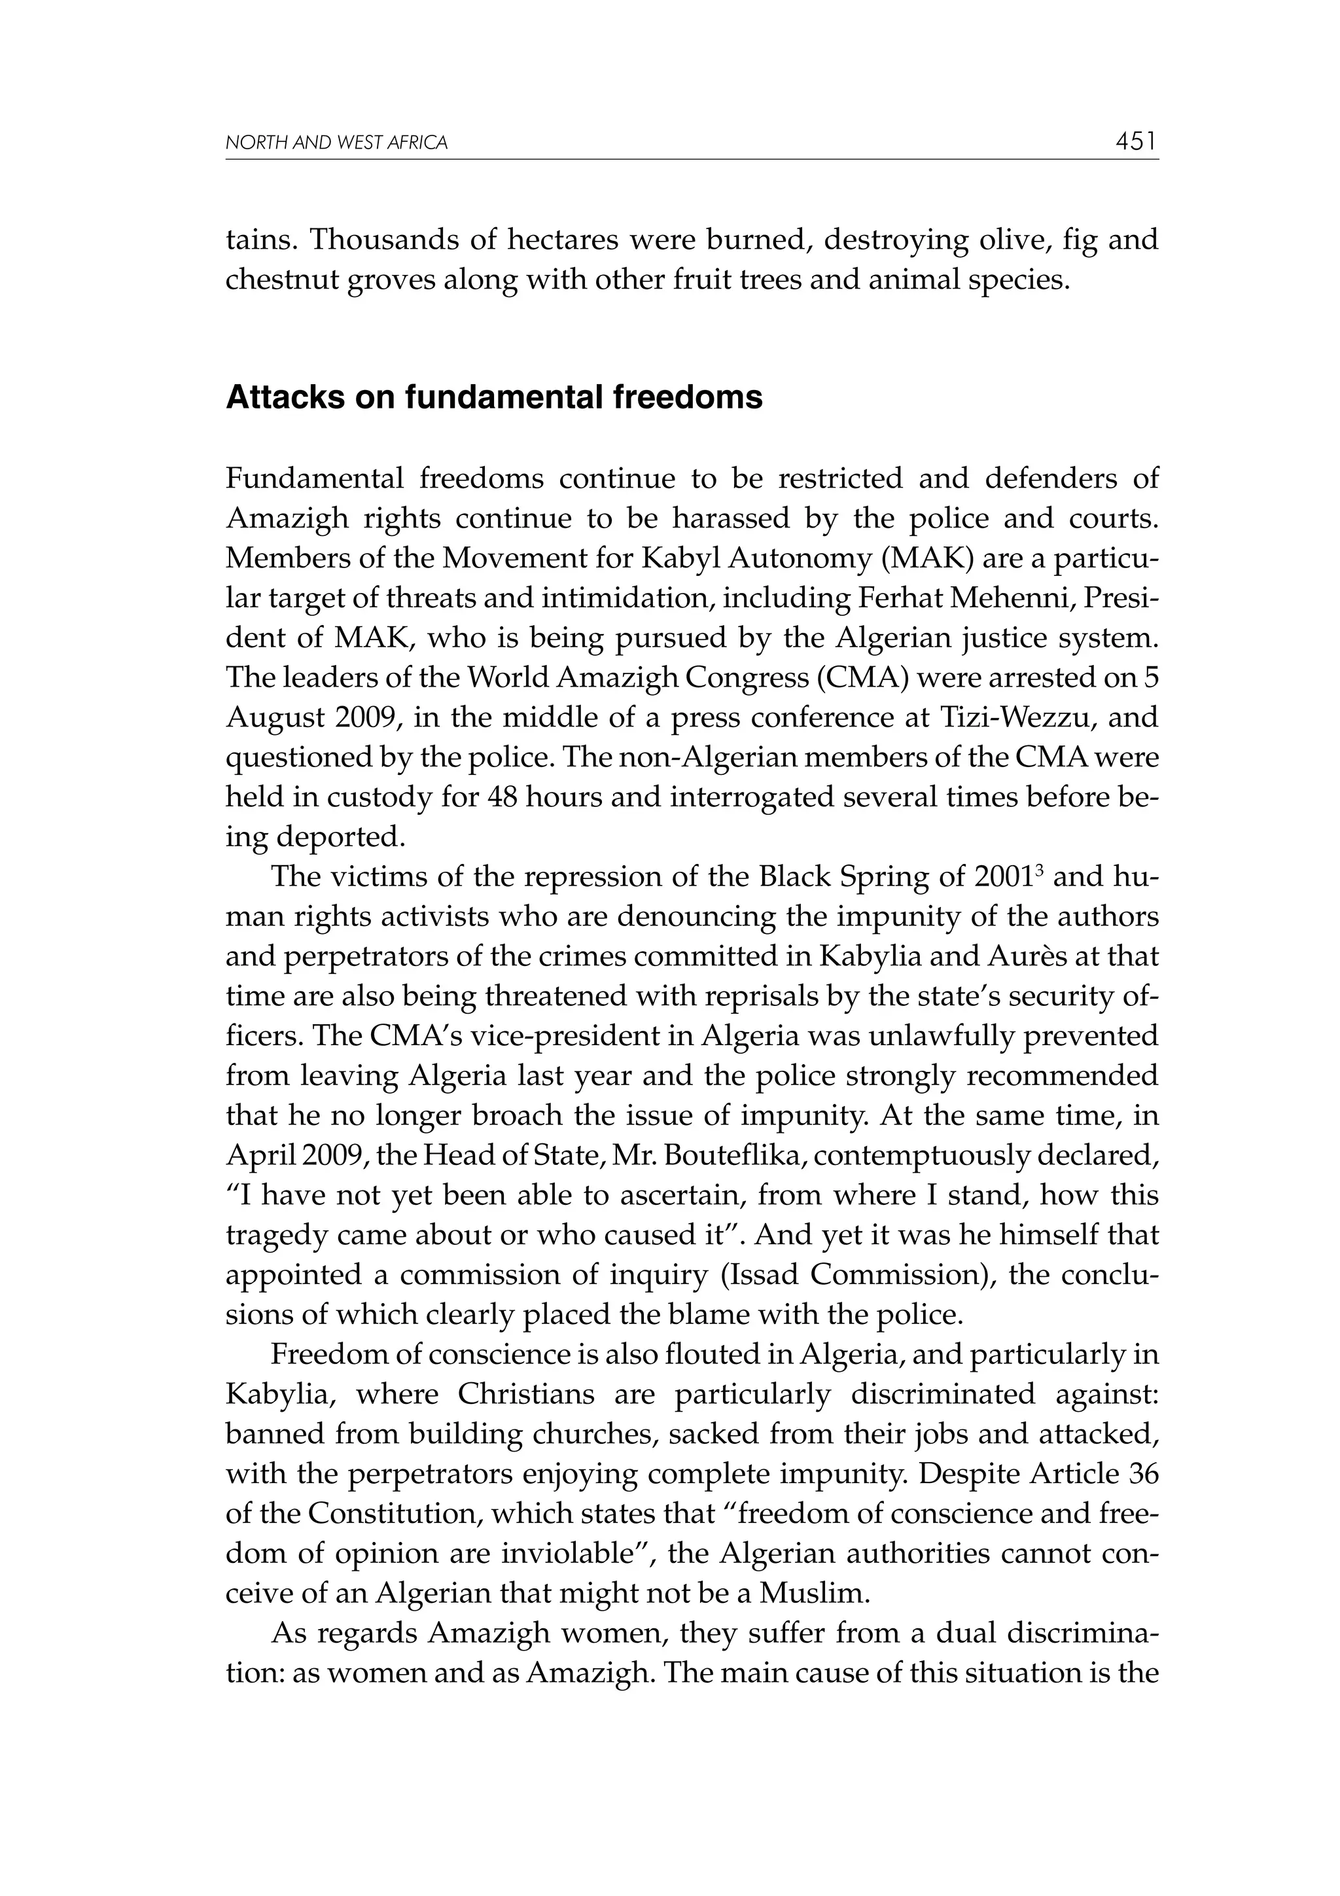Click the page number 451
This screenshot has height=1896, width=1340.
click(1136, 142)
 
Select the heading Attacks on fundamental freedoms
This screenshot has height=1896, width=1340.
click(494, 398)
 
